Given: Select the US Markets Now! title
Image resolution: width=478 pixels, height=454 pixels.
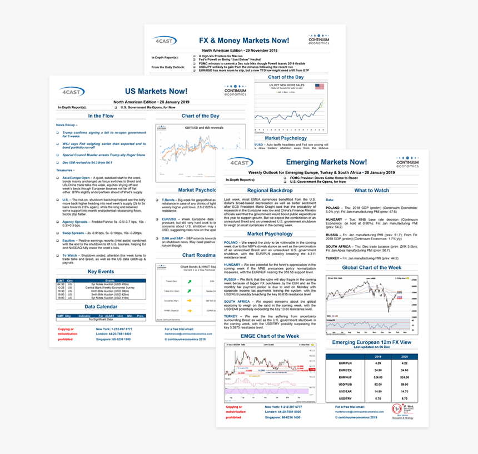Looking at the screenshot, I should tap(156, 92).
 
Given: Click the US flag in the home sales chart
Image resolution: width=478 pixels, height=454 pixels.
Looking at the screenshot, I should tap(319, 87).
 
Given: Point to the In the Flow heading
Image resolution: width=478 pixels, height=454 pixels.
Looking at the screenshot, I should tap(102, 116).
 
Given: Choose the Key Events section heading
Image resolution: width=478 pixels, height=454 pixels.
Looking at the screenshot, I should tap(100, 271).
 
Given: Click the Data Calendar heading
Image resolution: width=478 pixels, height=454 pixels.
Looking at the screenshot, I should tap(101, 306).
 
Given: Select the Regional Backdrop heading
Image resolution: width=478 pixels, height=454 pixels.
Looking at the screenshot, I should tap(270, 191).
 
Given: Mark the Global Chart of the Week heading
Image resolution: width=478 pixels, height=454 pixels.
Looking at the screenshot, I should tap(371, 267).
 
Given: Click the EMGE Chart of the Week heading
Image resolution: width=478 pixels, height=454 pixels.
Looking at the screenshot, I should tap(270, 336).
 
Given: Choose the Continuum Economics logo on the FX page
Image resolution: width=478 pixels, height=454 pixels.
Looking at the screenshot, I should tap(323, 41).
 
